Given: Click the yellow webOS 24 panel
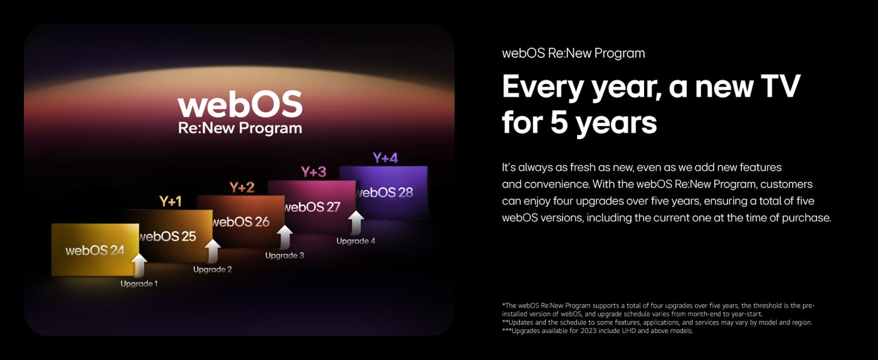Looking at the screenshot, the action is click(x=95, y=250).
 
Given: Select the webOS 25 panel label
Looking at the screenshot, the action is click(x=168, y=236).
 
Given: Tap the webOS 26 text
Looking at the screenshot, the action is click(x=241, y=222).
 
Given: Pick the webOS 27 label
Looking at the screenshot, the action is click(x=312, y=207).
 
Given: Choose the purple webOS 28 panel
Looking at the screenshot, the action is click(x=383, y=192).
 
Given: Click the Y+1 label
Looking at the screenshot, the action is click(x=171, y=201).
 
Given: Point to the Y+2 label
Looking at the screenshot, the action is click(x=242, y=187).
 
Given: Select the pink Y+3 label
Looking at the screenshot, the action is click(x=314, y=172).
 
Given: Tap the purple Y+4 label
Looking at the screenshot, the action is click(x=385, y=158).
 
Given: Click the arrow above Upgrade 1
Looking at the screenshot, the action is click(x=139, y=265).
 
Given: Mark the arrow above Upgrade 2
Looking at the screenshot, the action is click(x=213, y=251).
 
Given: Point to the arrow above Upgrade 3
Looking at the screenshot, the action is click(x=285, y=237).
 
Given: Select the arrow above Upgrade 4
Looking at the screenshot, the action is click(x=356, y=223).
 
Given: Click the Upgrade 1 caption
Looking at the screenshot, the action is click(x=139, y=283).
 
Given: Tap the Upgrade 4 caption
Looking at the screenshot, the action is click(x=356, y=241).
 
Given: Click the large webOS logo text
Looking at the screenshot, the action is click(x=240, y=104).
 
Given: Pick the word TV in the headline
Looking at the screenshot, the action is click(x=780, y=87).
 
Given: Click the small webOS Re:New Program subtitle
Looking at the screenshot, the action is click(x=573, y=53).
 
